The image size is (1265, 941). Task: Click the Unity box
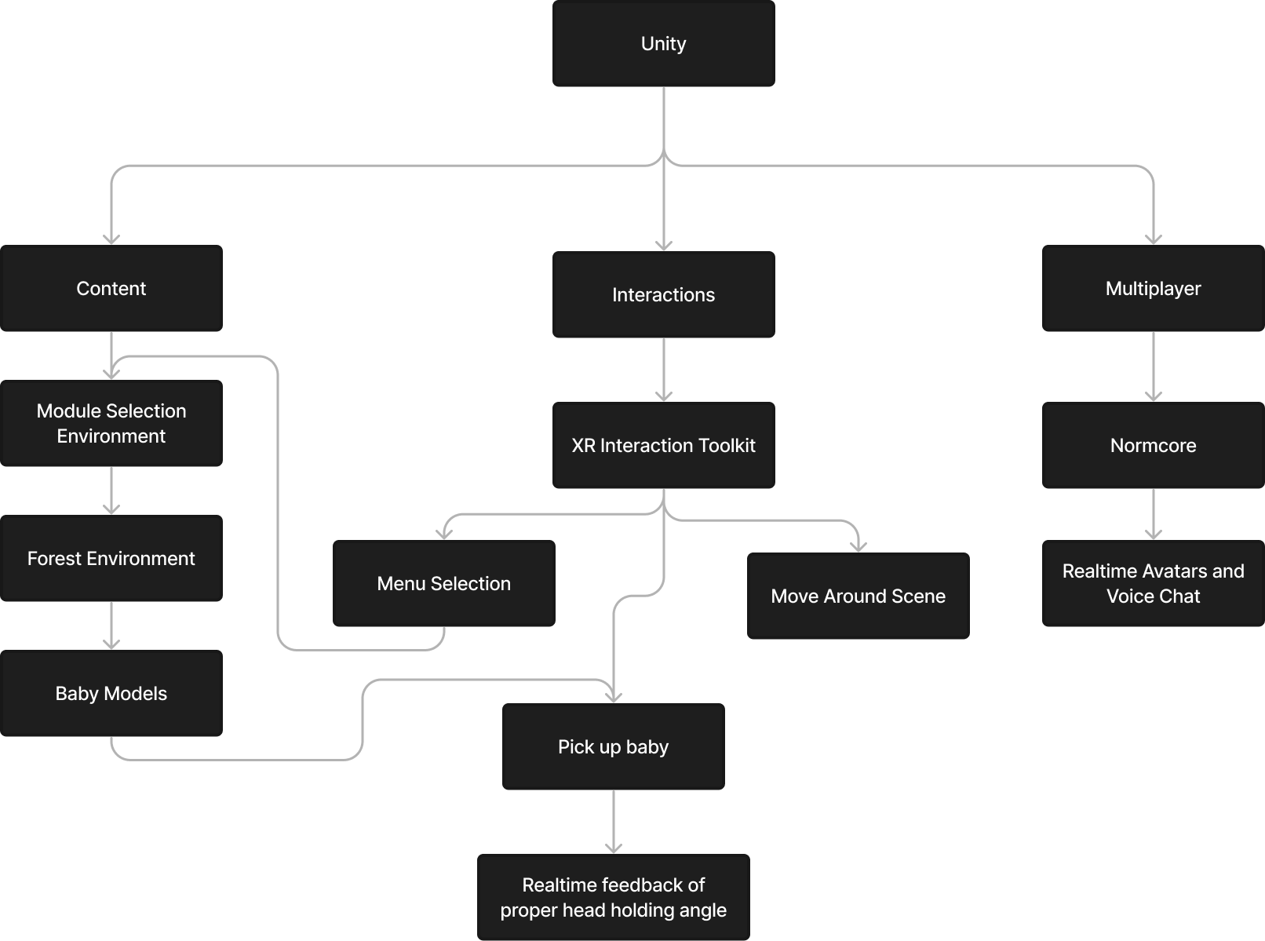663,44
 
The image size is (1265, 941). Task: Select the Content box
111,288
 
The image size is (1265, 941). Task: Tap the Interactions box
663,294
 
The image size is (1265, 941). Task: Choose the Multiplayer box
1153,288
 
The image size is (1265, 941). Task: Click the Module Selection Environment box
111,423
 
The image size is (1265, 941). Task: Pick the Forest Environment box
111,558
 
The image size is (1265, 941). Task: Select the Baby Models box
111,693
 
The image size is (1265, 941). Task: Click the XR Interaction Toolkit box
663,445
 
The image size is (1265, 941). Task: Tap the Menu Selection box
443,583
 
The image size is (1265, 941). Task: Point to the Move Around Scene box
858,596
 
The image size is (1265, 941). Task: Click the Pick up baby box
613,746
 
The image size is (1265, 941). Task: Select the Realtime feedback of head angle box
613,897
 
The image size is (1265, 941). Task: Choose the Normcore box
1153,445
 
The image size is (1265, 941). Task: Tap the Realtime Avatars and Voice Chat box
1153,583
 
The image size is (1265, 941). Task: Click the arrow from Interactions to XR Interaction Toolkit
664,370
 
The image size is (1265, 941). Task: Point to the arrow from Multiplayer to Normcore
1154,367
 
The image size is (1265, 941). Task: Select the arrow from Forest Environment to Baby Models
111,626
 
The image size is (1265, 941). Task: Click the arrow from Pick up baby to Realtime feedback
614,822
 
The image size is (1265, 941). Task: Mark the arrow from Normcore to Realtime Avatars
1154,514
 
